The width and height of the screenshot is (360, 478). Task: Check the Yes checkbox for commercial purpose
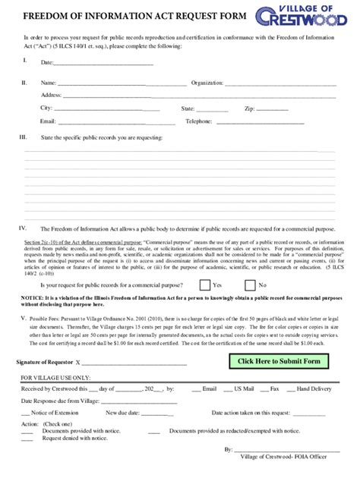204,264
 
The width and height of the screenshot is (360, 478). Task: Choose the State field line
213,110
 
